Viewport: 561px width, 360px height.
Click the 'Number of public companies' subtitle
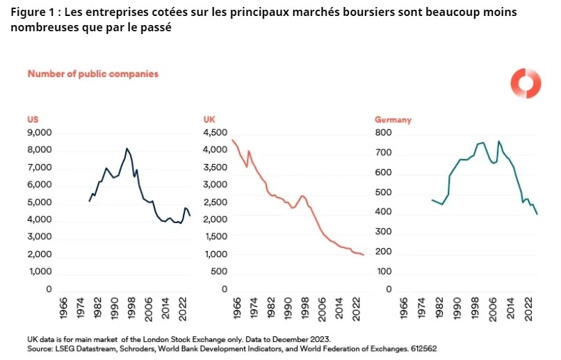pos(92,73)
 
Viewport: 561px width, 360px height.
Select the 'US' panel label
pos(32,120)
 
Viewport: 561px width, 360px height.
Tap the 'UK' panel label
pos(208,120)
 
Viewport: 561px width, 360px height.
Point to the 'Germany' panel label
pos(393,120)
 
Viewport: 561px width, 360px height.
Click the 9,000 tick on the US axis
pos(40,132)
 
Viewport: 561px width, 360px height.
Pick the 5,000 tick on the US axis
pos(40,202)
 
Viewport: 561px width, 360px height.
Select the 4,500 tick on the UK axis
pos(215,132)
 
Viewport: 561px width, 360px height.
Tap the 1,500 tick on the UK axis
pos(215,237)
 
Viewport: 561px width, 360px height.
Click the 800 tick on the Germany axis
pos(384,132)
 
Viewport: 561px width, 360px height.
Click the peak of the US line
pos(127,148)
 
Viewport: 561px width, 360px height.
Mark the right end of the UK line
pos(364,255)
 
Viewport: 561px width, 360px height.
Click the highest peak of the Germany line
pos(498,141)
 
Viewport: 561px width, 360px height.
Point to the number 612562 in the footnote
pos(421,347)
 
